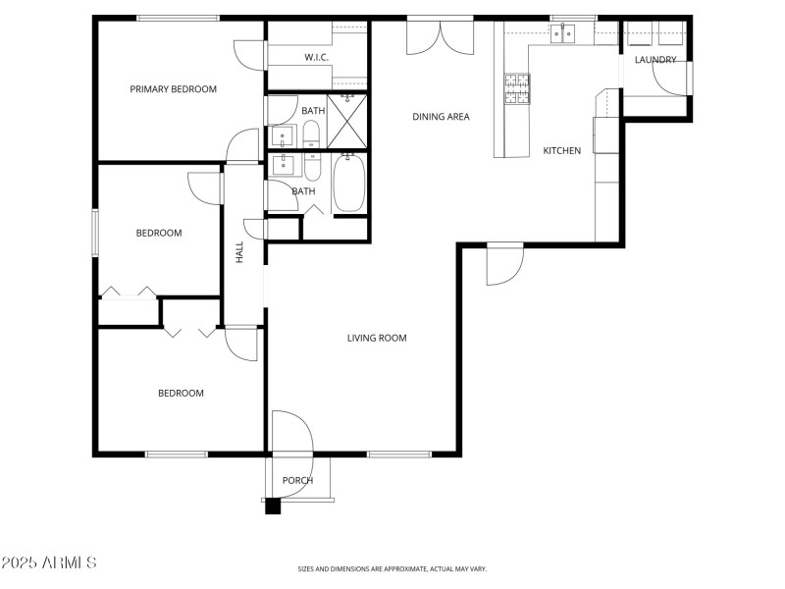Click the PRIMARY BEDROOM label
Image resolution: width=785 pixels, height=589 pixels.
[x=173, y=89]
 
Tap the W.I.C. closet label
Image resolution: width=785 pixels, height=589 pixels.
[x=316, y=57]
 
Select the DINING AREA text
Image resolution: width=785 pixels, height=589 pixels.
[x=441, y=117]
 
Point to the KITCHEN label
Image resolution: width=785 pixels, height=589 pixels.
[x=562, y=151]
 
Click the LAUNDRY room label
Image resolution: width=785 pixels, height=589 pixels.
[x=655, y=60]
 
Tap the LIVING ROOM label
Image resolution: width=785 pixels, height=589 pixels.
[x=377, y=339]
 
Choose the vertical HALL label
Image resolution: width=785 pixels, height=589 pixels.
[x=239, y=252]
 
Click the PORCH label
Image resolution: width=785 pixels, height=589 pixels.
[x=297, y=481]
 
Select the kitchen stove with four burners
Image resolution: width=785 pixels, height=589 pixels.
[x=516, y=89]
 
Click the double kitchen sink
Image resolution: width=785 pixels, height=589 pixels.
[x=563, y=34]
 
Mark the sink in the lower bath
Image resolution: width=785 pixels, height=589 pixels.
[x=283, y=164]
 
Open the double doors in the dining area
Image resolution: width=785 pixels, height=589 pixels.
[x=441, y=37]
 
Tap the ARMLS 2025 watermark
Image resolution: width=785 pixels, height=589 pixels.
[x=49, y=563]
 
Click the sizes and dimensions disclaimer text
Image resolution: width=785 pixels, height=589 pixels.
[x=392, y=569]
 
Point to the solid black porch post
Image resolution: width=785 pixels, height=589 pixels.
[x=273, y=507]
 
